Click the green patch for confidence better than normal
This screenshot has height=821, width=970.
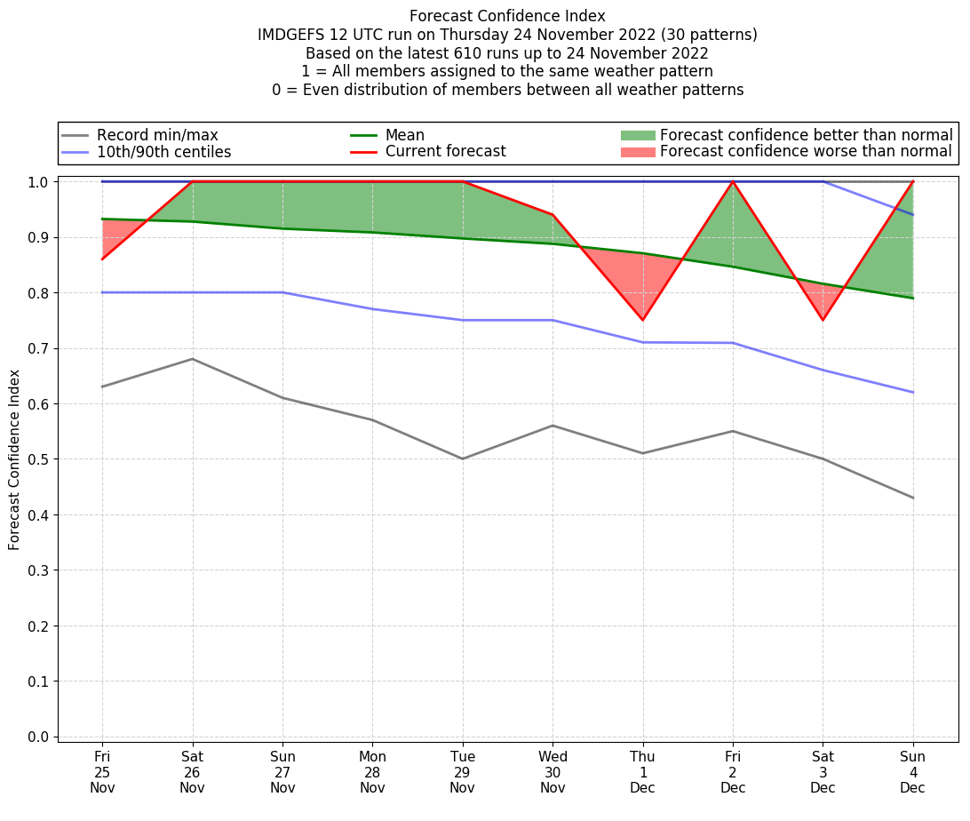[x=637, y=135]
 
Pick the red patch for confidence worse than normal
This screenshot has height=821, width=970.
[x=637, y=152]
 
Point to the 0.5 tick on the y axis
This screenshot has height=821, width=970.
[x=38, y=459]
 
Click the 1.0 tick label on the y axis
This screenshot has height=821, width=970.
[x=38, y=182]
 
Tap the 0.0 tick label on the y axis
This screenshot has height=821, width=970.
[x=38, y=737]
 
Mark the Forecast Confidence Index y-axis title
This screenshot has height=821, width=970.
[x=14, y=459]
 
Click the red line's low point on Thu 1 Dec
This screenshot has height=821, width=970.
[x=642, y=320]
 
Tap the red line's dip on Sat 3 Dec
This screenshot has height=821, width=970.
[x=823, y=320]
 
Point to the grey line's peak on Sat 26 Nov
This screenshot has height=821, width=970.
[x=192, y=359]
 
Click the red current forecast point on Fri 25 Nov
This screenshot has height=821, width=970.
[x=102, y=259]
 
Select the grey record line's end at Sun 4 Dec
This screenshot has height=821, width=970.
[x=912, y=498]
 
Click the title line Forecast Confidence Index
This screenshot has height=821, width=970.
[x=507, y=16]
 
